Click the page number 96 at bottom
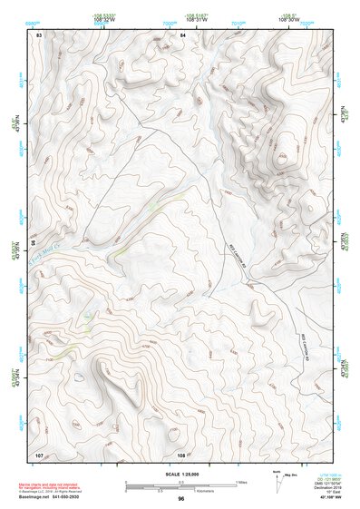[x=181, y=500]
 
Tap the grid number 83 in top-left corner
[x=38, y=34]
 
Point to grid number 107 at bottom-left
[x=39, y=454]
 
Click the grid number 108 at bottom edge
[x=181, y=454]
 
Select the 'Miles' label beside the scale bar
[x=241, y=482]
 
